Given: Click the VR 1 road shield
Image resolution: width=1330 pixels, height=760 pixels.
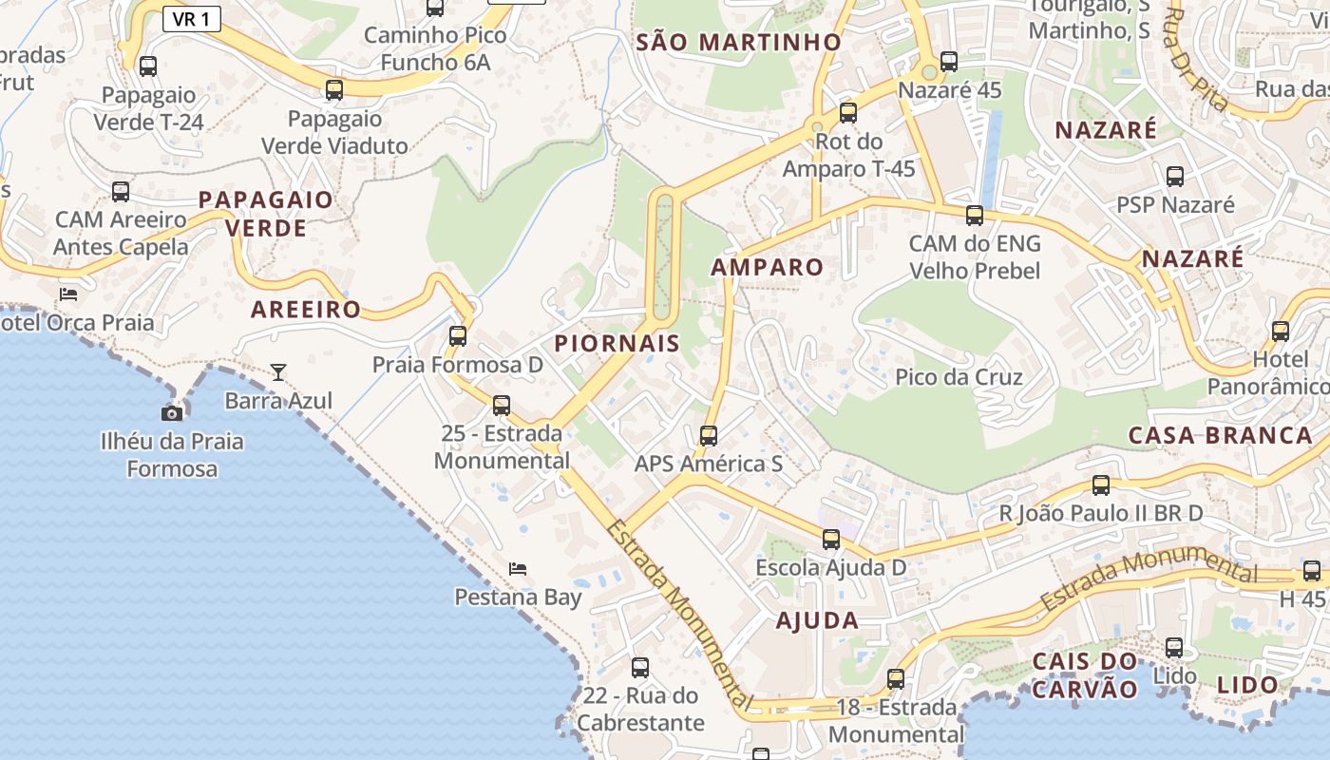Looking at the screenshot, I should pos(192,19).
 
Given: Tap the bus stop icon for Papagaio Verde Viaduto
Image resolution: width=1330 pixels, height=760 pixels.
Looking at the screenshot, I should pos(334,90).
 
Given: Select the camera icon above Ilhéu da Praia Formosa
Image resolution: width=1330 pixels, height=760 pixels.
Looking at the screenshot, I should pos(172,413).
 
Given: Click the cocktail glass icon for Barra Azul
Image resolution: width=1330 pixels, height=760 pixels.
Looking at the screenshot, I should pos(278,371).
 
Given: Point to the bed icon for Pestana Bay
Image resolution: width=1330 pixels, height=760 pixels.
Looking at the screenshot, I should pos(518,568).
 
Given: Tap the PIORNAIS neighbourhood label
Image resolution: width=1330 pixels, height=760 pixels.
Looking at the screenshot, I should pos(617,343).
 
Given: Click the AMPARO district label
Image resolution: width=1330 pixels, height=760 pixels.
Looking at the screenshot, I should pos(767,267).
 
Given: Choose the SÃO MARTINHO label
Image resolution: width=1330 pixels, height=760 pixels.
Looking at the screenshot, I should pos(738,42).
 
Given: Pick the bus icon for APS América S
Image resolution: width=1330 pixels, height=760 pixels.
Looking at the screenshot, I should pos(709,436).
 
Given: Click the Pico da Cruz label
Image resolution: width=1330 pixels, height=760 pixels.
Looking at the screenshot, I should pos(959,377).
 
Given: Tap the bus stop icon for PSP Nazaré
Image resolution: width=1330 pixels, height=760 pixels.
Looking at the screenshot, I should pos(1175,176).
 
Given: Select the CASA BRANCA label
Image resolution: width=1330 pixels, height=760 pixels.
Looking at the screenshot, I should pos(1220,435).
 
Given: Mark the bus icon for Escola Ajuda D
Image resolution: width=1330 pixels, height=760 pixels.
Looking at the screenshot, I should pos(831,540).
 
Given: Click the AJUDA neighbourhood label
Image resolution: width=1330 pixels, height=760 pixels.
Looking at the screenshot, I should pos(817,621).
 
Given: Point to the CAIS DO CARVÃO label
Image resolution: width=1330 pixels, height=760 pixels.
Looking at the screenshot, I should pos(1084,674).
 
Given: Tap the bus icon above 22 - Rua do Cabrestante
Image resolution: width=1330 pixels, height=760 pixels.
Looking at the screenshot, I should pos(640,667).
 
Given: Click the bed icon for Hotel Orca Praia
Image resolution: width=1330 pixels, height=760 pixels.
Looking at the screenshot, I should pos(68,294).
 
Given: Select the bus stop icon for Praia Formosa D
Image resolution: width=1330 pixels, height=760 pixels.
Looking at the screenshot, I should pos(458,335).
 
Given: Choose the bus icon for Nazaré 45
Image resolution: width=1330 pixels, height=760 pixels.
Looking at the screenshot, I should pos(948,62).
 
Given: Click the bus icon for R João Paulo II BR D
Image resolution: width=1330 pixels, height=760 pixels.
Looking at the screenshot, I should pos(1101,485).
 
